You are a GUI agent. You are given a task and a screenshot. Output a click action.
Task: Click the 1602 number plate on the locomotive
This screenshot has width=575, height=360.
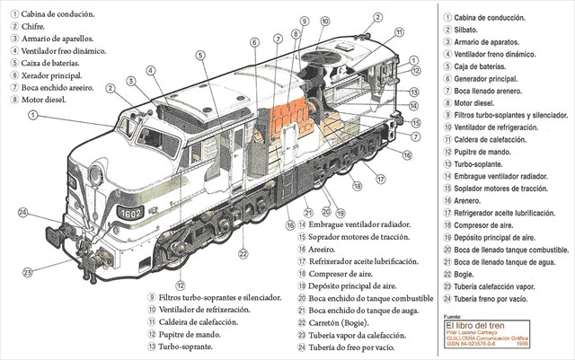pyautogui.click(x=130, y=213)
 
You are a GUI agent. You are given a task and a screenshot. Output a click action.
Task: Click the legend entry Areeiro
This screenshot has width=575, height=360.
pyautogui.click(x=324, y=248)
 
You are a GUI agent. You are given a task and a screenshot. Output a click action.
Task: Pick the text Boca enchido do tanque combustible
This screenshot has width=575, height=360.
pyautogui.click(x=371, y=297)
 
